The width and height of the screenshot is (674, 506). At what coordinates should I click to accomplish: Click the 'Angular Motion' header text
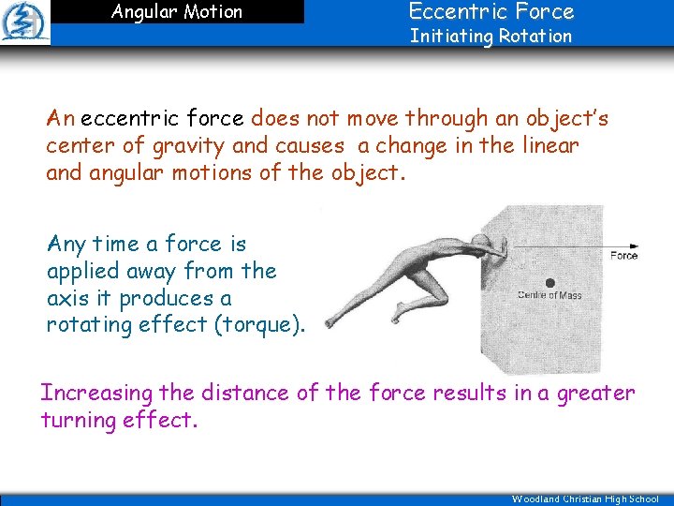click(176, 12)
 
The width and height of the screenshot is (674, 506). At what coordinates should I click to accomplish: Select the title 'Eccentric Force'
click(491, 11)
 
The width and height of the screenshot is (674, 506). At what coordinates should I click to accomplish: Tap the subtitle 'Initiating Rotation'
click(491, 37)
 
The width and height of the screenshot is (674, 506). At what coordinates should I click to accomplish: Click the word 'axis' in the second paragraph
click(66, 298)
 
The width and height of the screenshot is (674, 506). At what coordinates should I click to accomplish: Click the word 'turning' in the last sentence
click(79, 420)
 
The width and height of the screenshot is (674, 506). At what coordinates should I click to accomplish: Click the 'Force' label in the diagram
click(623, 256)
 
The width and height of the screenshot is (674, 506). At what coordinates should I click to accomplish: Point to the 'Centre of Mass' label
click(549, 296)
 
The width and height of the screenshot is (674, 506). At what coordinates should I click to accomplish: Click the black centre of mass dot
click(549, 281)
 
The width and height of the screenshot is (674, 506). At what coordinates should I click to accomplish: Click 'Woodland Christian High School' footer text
click(585, 499)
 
